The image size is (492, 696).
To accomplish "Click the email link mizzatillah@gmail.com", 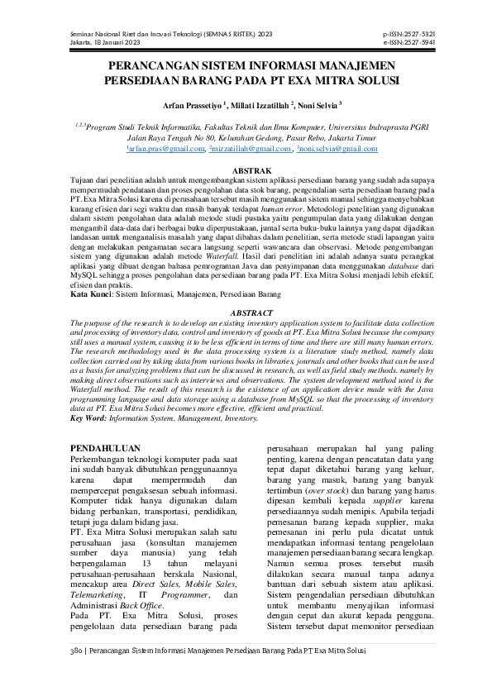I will (x=245, y=150).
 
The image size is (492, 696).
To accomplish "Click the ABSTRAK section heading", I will (x=246, y=169).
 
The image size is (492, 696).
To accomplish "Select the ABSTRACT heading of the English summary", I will (x=246, y=314).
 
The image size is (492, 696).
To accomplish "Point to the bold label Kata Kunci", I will (x=90, y=294).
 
